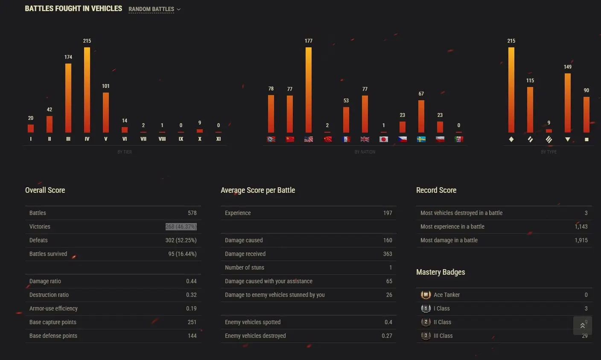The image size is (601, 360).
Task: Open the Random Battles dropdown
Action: tap(154, 9)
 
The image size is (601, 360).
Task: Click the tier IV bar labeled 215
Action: tap(87, 90)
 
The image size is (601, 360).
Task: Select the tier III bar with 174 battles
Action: tap(68, 98)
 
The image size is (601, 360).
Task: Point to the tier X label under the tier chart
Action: tap(200, 139)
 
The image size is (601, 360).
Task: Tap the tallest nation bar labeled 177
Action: tap(309, 90)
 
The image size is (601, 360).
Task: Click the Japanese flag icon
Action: tap(384, 139)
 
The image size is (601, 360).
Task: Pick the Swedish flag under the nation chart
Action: tap(421, 139)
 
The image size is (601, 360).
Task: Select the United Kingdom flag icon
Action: tap(365, 139)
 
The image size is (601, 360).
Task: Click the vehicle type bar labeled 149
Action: tap(568, 102)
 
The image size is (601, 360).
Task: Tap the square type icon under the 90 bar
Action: tap(586, 139)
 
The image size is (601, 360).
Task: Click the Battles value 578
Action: tap(192, 213)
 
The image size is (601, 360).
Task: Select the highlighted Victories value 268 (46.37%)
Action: tap(181, 226)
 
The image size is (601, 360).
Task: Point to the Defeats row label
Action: tap(38, 240)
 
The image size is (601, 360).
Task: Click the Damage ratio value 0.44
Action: tap(191, 281)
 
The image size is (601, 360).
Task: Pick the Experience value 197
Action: tap(388, 213)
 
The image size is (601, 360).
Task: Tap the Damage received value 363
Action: tap(388, 254)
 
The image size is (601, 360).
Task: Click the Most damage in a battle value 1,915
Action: tap(581, 240)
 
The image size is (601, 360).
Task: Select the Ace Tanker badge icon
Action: tap(426, 295)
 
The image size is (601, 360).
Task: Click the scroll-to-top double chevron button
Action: tap(583, 325)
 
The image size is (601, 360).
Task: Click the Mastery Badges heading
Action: tap(441, 272)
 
